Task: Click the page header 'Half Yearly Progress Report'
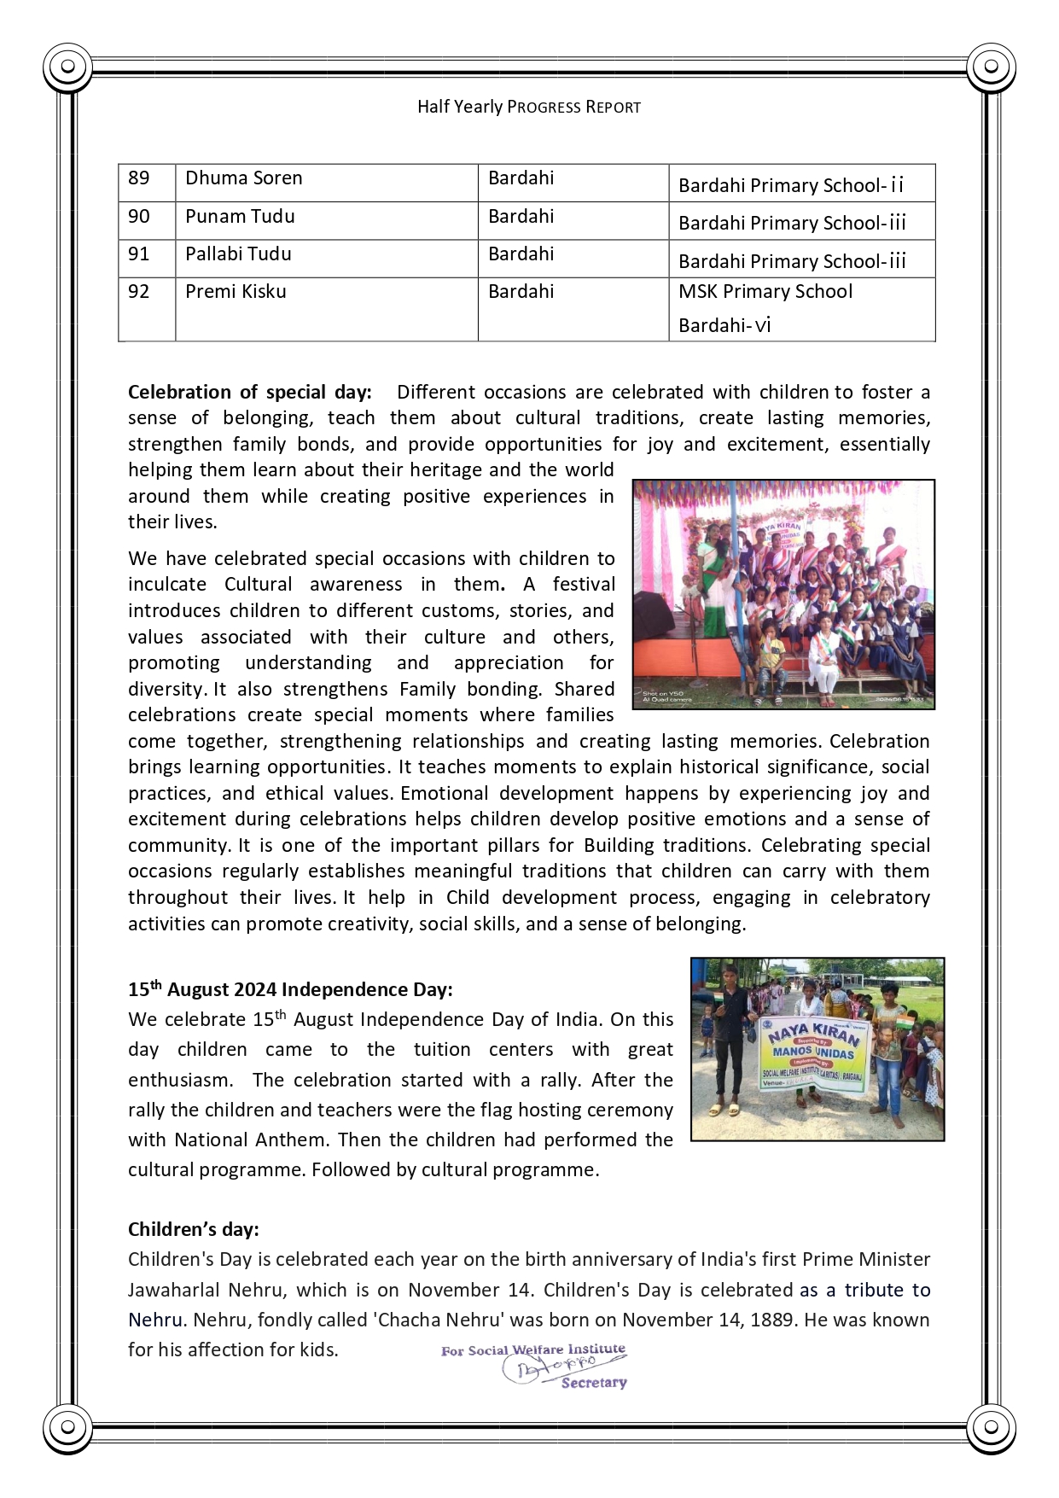pyautogui.click(x=528, y=108)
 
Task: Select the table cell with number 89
pyautogui.click(x=139, y=178)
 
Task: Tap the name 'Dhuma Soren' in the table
pyautogui.click(x=244, y=178)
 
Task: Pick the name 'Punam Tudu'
pyautogui.click(x=240, y=217)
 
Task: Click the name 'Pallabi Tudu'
pyautogui.click(x=238, y=254)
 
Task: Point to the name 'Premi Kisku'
pyautogui.click(x=236, y=292)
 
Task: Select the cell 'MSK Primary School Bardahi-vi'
pyautogui.click(x=765, y=308)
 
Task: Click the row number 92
pyautogui.click(x=139, y=292)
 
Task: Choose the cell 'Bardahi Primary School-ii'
pyautogui.click(x=790, y=185)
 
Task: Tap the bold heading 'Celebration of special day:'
pyautogui.click(x=250, y=393)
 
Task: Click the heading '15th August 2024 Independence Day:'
pyautogui.click(x=290, y=990)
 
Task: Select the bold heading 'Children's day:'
pyautogui.click(x=194, y=1229)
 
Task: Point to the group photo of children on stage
pyautogui.click(x=783, y=594)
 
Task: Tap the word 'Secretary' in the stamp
pyautogui.click(x=594, y=1383)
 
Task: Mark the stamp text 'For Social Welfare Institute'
pyautogui.click(x=532, y=1350)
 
